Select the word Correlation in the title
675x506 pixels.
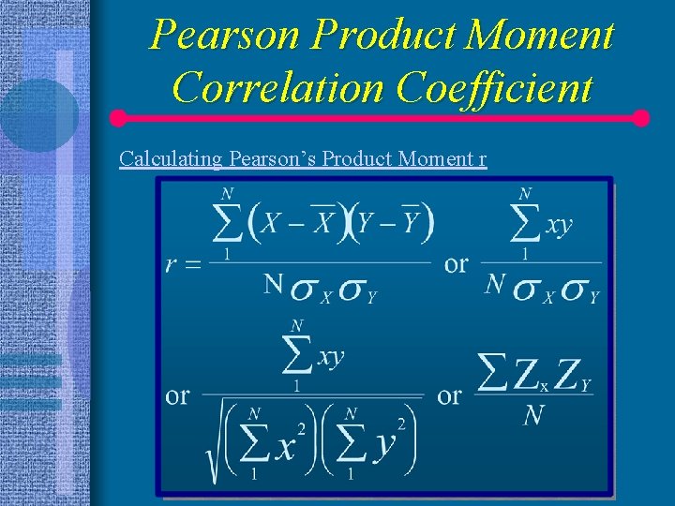279,88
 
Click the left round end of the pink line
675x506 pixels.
118,119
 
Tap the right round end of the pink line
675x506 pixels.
641,119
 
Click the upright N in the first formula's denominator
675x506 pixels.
273,284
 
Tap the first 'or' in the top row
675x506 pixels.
457,263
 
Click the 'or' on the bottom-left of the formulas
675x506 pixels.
178,395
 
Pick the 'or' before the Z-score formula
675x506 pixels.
450,395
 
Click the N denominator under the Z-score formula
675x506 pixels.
533,415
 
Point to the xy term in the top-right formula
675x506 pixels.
558,226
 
